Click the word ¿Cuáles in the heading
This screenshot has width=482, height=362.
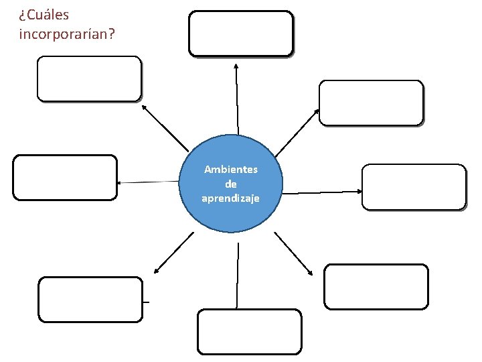pyautogui.click(x=44, y=14)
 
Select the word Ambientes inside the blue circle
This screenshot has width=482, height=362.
pyautogui.click(x=231, y=170)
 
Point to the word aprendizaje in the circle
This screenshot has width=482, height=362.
pyautogui.click(x=231, y=198)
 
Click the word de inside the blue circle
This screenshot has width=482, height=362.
pyautogui.click(x=231, y=184)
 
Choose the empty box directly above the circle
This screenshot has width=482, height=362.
pyautogui.click(x=241, y=33)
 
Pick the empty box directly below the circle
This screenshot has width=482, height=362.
pyautogui.click(x=250, y=331)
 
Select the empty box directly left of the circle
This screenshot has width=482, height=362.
pyautogui.click(x=65, y=178)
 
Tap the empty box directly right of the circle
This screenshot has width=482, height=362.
pyautogui.click(x=413, y=187)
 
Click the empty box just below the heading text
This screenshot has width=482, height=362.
pyautogui.click(x=89, y=78)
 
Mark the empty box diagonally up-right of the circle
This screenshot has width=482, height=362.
pyautogui.click(x=371, y=103)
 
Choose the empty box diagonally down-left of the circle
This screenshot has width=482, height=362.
pyautogui.click(x=90, y=300)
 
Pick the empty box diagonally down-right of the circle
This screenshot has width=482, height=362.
pyautogui.click(x=376, y=286)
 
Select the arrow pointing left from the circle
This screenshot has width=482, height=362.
pyautogui.click(x=149, y=182)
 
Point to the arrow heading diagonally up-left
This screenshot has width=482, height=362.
pyautogui.click(x=165, y=127)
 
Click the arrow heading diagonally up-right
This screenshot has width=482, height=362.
pyautogui.click(x=297, y=132)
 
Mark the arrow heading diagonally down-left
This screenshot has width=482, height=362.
pyautogui.click(x=173, y=253)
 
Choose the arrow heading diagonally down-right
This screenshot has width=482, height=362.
pyautogui.click(x=294, y=253)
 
